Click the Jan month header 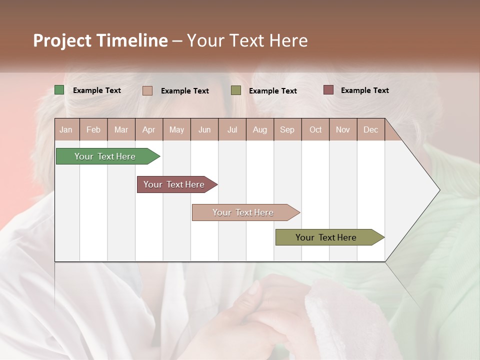pyautogui.click(x=66, y=129)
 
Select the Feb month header pyautogui.click(x=93, y=129)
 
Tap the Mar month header pyautogui.click(x=121, y=129)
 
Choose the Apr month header pyautogui.click(x=149, y=129)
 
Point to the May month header pyautogui.click(x=176, y=129)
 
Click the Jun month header pyautogui.click(x=204, y=129)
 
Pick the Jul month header pyautogui.click(x=232, y=129)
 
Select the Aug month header pyautogui.click(x=260, y=129)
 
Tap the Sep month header pyautogui.click(x=287, y=129)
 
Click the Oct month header pyautogui.click(x=315, y=129)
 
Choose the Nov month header pyautogui.click(x=343, y=129)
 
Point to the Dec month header pyautogui.click(x=370, y=129)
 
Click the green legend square pyautogui.click(x=59, y=90)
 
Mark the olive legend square pyautogui.click(x=236, y=90)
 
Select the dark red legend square pyautogui.click(x=328, y=90)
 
